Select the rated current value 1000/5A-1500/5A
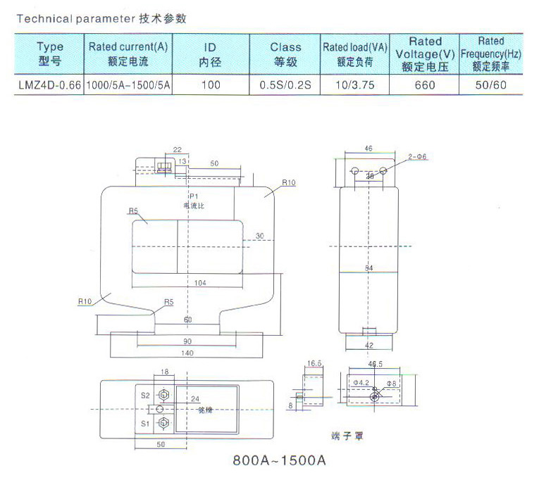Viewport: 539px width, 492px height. (130, 85)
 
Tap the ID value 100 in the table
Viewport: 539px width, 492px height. (211, 85)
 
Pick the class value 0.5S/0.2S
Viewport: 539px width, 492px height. (285, 85)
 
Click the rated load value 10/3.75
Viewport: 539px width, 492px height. (354, 85)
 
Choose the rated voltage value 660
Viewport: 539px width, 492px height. (425, 85)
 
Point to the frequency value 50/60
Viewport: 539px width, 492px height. (491, 85)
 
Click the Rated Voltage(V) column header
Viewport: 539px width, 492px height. (425, 54)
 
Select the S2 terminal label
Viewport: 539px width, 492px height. (144, 395)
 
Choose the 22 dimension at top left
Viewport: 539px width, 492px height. (177, 150)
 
